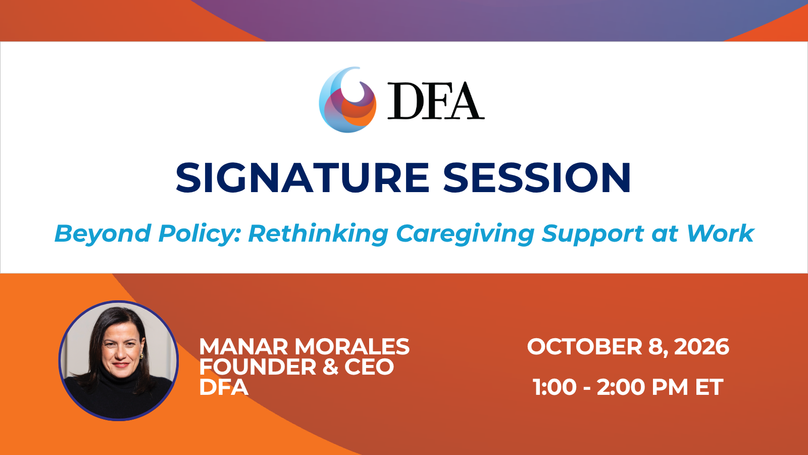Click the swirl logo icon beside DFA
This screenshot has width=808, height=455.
[x=347, y=100]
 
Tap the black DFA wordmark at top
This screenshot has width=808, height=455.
[x=436, y=101]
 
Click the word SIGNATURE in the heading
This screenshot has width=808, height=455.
[x=302, y=177]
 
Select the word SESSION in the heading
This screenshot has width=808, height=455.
[x=537, y=177]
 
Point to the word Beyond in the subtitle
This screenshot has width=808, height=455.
[x=103, y=234]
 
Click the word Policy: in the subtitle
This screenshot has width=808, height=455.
[x=199, y=234]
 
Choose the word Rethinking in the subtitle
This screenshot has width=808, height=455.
[x=318, y=234]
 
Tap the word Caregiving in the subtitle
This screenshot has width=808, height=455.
[x=465, y=234]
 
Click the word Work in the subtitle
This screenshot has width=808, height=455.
[x=720, y=233]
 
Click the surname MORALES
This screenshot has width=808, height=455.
[x=352, y=347]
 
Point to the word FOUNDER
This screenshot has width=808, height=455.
[x=258, y=367]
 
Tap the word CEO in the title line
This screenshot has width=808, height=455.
[x=369, y=367]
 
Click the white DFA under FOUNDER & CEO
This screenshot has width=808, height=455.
[x=224, y=387]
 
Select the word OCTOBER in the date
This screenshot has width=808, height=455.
[x=585, y=347]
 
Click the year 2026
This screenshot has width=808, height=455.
[x=701, y=347]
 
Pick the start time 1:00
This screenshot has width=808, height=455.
[x=554, y=387]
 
